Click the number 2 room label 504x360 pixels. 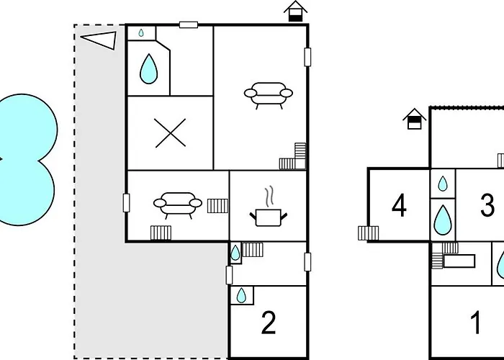pyautogui.click(x=269, y=323)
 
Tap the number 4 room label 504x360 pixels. pyautogui.click(x=399, y=207)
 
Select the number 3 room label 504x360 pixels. pyautogui.click(x=487, y=205)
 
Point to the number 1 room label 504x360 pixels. pyautogui.click(x=476, y=323)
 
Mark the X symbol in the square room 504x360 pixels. pyautogui.click(x=170, y=133)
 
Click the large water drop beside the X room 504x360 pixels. pyautogui.click(x=149, y=69)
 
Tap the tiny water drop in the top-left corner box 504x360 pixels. pyautogui.click(x=141, y=32)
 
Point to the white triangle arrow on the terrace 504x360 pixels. pyautogui.click(x=99, y=40)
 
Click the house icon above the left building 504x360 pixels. pyautogui.click(x=295, y=12)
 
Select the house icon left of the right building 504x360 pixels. pyautogui.click(x=414, y=119)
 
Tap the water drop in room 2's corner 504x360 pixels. pyautogui.click(x=241, y=295)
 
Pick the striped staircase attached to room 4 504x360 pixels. pyautogui.click(x=369, y=233)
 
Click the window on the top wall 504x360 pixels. pyautogui.click(x=189, y=24)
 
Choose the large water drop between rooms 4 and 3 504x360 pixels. pyautogui.click(x=443, y=220)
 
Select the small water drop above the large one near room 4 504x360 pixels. pyautogui.click(x=443, y=184)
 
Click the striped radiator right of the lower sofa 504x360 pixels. pyautogui.click(x=217, y=206)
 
